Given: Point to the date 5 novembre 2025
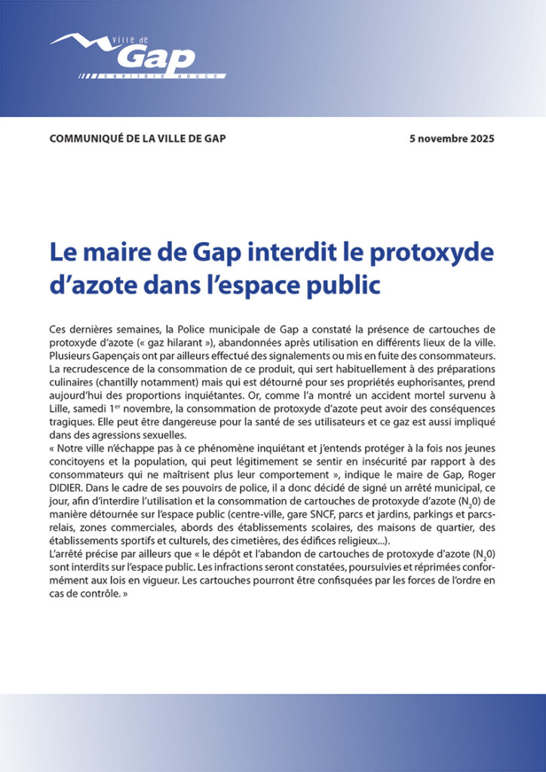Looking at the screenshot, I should click(452, 139).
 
